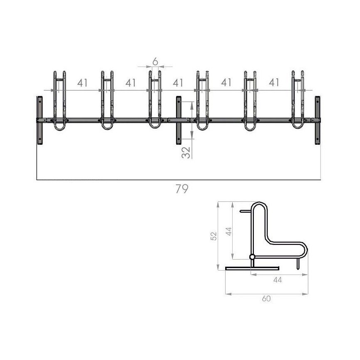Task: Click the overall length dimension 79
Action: [x=182, y=189]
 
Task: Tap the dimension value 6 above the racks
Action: [x=155, y=61]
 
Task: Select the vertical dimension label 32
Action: [x=186, y=152]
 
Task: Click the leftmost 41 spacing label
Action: [x=82, y=83]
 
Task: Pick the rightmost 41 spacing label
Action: [x=274, y=82]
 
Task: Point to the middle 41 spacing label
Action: [x=178, y=83]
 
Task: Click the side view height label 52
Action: [x=214, y=236]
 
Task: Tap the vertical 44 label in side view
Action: [x=228, y=231]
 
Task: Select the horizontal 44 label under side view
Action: [x=277, y=280]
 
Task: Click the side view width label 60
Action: [x=266, y=298]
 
